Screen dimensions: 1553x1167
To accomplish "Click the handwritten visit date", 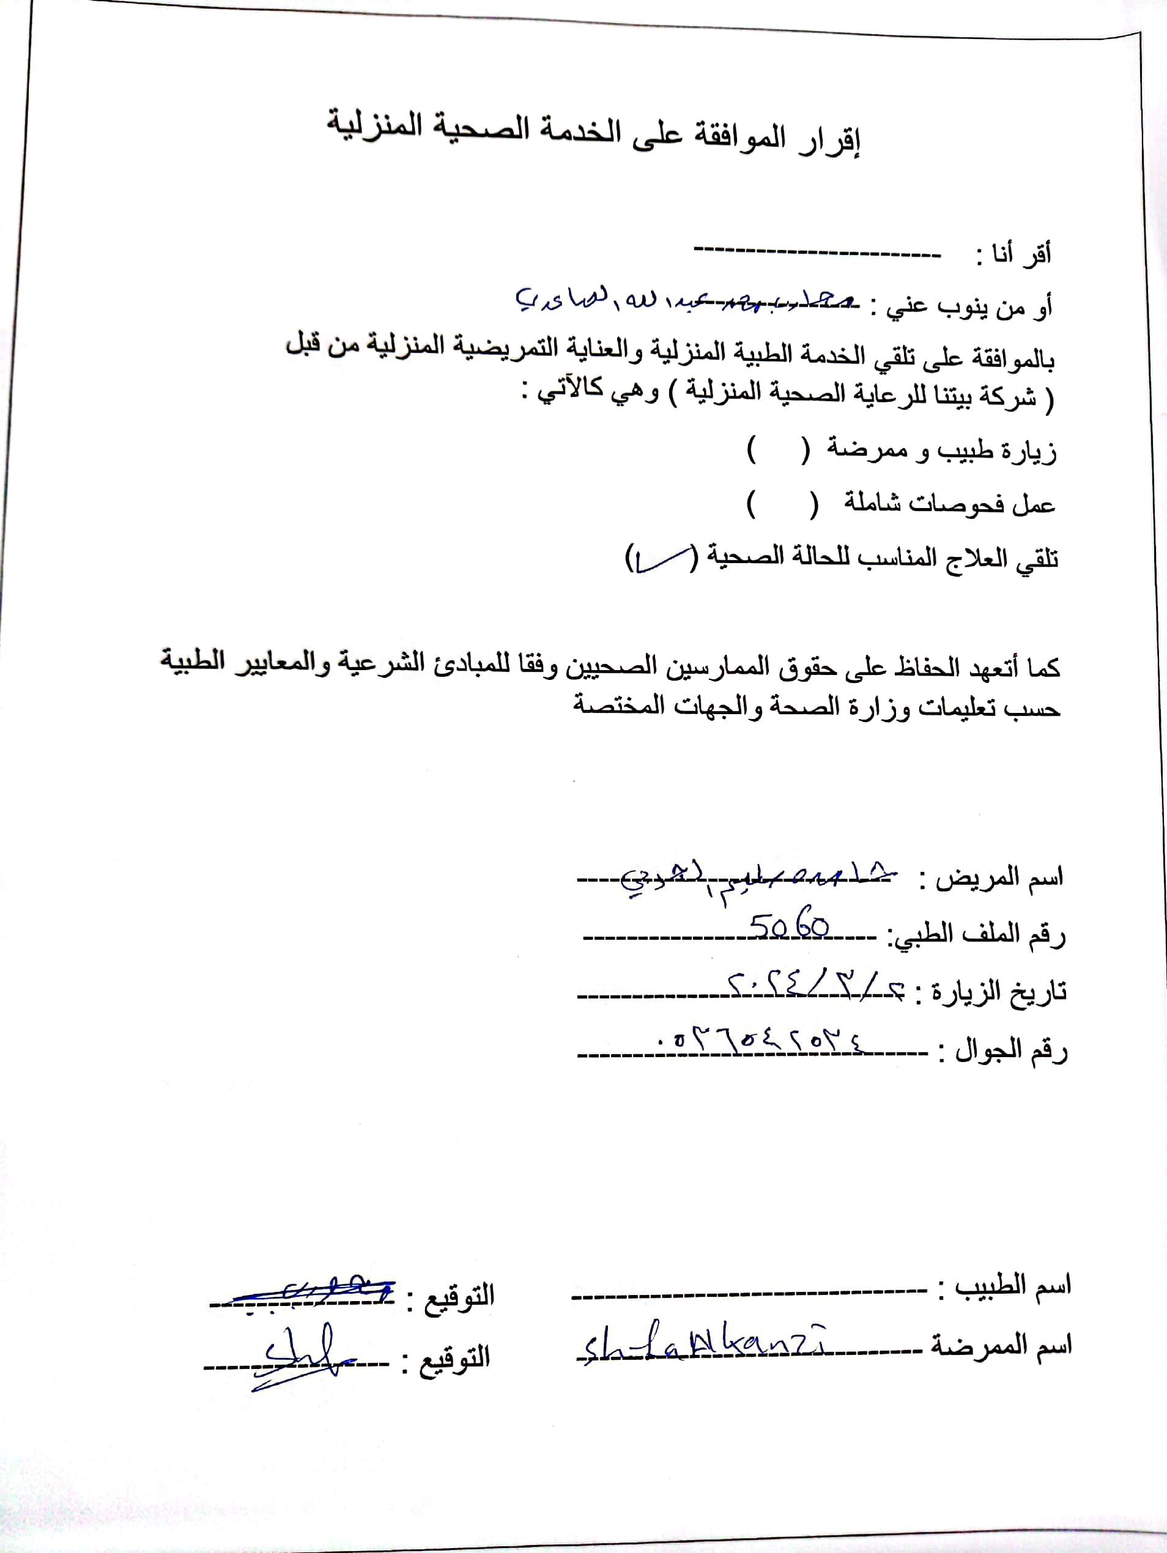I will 815,987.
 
